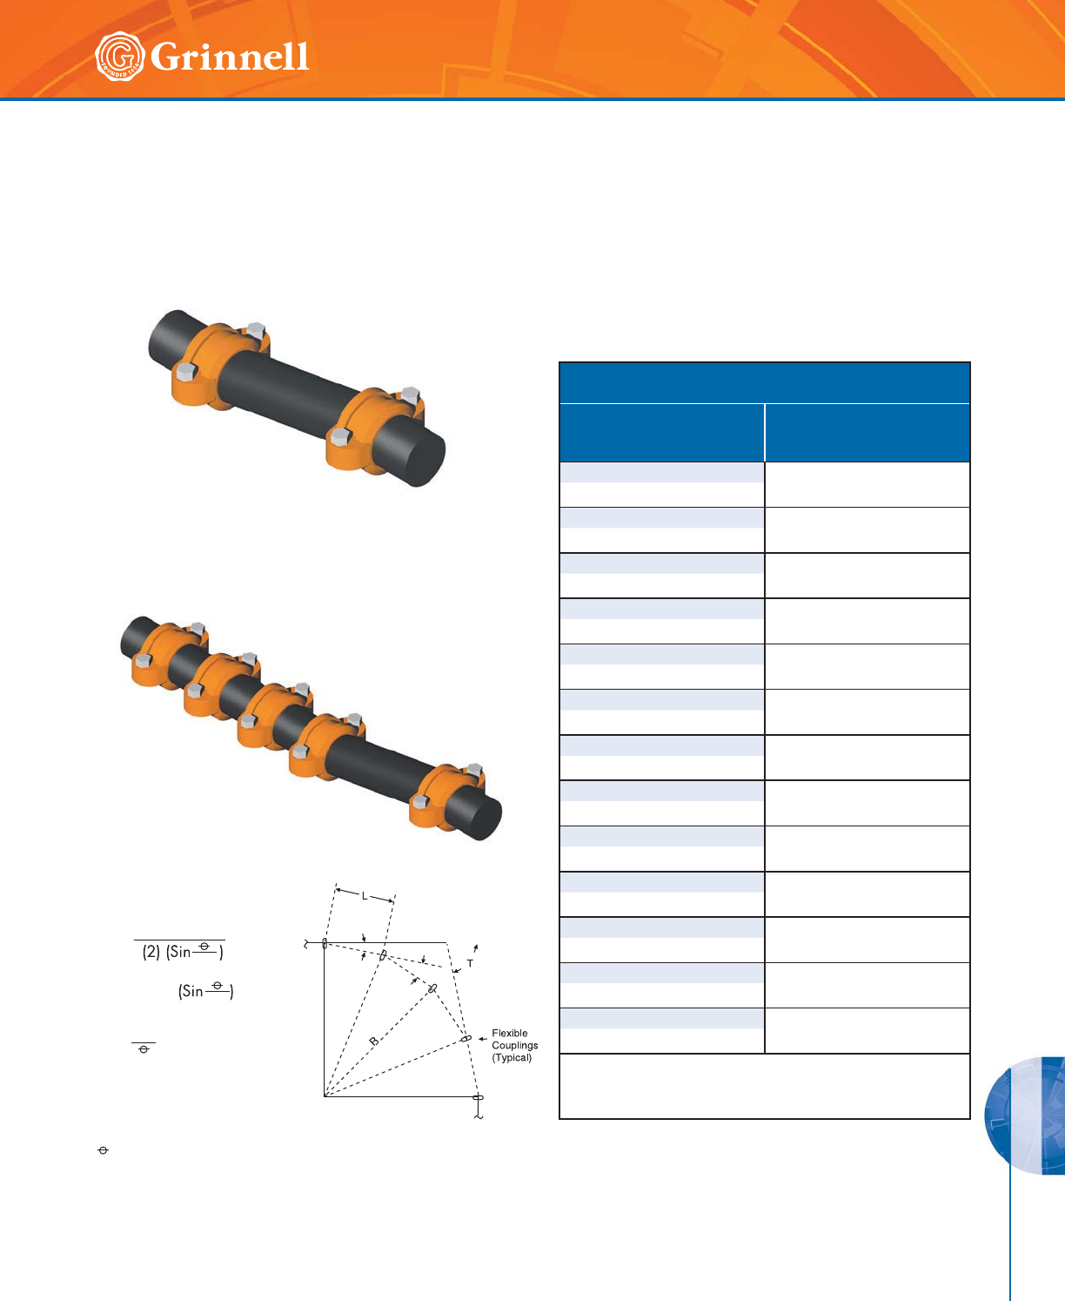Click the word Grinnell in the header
click(230, 57)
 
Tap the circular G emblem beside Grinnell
click(119, 56)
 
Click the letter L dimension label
click(365, 896)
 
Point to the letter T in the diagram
click(470, 964)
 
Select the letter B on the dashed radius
click(373, 1041)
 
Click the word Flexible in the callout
click(510, 1034)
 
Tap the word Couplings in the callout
click(514, 1046)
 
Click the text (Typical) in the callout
click(512, 1058)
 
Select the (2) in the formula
click(151, 952)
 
